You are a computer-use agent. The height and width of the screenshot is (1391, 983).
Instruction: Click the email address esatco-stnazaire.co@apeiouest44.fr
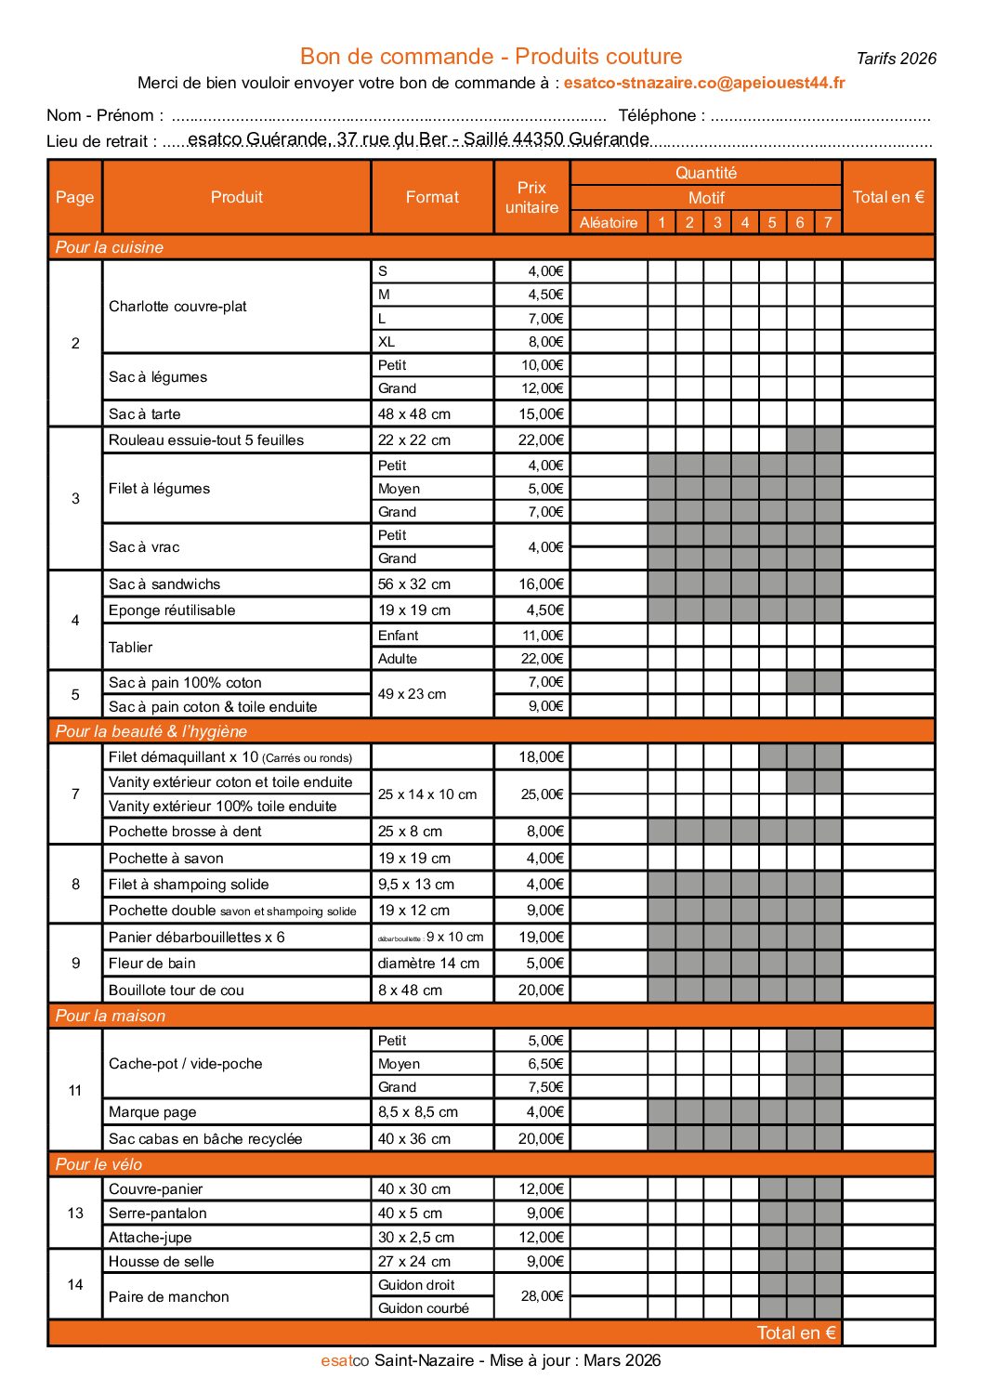(703, 83)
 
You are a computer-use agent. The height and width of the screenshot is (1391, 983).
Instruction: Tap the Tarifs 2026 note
(896, 59)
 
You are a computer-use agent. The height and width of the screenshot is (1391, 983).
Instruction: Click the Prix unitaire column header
(531, 197)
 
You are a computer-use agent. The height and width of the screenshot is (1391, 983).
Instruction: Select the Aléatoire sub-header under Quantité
(609, 222)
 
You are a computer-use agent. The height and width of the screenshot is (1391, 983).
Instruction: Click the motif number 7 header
(828, 222)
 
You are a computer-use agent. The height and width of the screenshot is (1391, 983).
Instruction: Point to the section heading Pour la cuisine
(110, 247)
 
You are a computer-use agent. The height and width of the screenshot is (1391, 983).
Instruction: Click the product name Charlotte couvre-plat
(177, 307)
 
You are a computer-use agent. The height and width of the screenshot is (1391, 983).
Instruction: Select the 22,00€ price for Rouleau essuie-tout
(541, 440)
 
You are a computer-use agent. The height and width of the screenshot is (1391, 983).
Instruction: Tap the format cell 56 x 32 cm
(413, 584)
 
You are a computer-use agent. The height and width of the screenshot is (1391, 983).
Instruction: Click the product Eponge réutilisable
(172, 610)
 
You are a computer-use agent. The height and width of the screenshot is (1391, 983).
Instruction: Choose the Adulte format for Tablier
(398, 659)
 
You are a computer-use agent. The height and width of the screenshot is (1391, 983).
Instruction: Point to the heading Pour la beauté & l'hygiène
(151, 731)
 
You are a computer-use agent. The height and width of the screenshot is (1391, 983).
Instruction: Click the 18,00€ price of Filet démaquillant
(541, 756)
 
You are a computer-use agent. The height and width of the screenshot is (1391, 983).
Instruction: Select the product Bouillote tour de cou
(177, 990)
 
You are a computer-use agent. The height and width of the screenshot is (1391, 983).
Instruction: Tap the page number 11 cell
(75, 1090)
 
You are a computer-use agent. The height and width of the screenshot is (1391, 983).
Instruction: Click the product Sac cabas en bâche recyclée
(205, 1138)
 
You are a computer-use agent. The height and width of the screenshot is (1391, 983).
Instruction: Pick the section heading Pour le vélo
(99, 1164)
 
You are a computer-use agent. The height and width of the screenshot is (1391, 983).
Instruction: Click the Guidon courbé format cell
(423, 1307)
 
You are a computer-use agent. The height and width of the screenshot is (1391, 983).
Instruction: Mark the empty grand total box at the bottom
(887, 1332)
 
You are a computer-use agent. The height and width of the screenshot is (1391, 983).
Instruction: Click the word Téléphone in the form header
(657, 115)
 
